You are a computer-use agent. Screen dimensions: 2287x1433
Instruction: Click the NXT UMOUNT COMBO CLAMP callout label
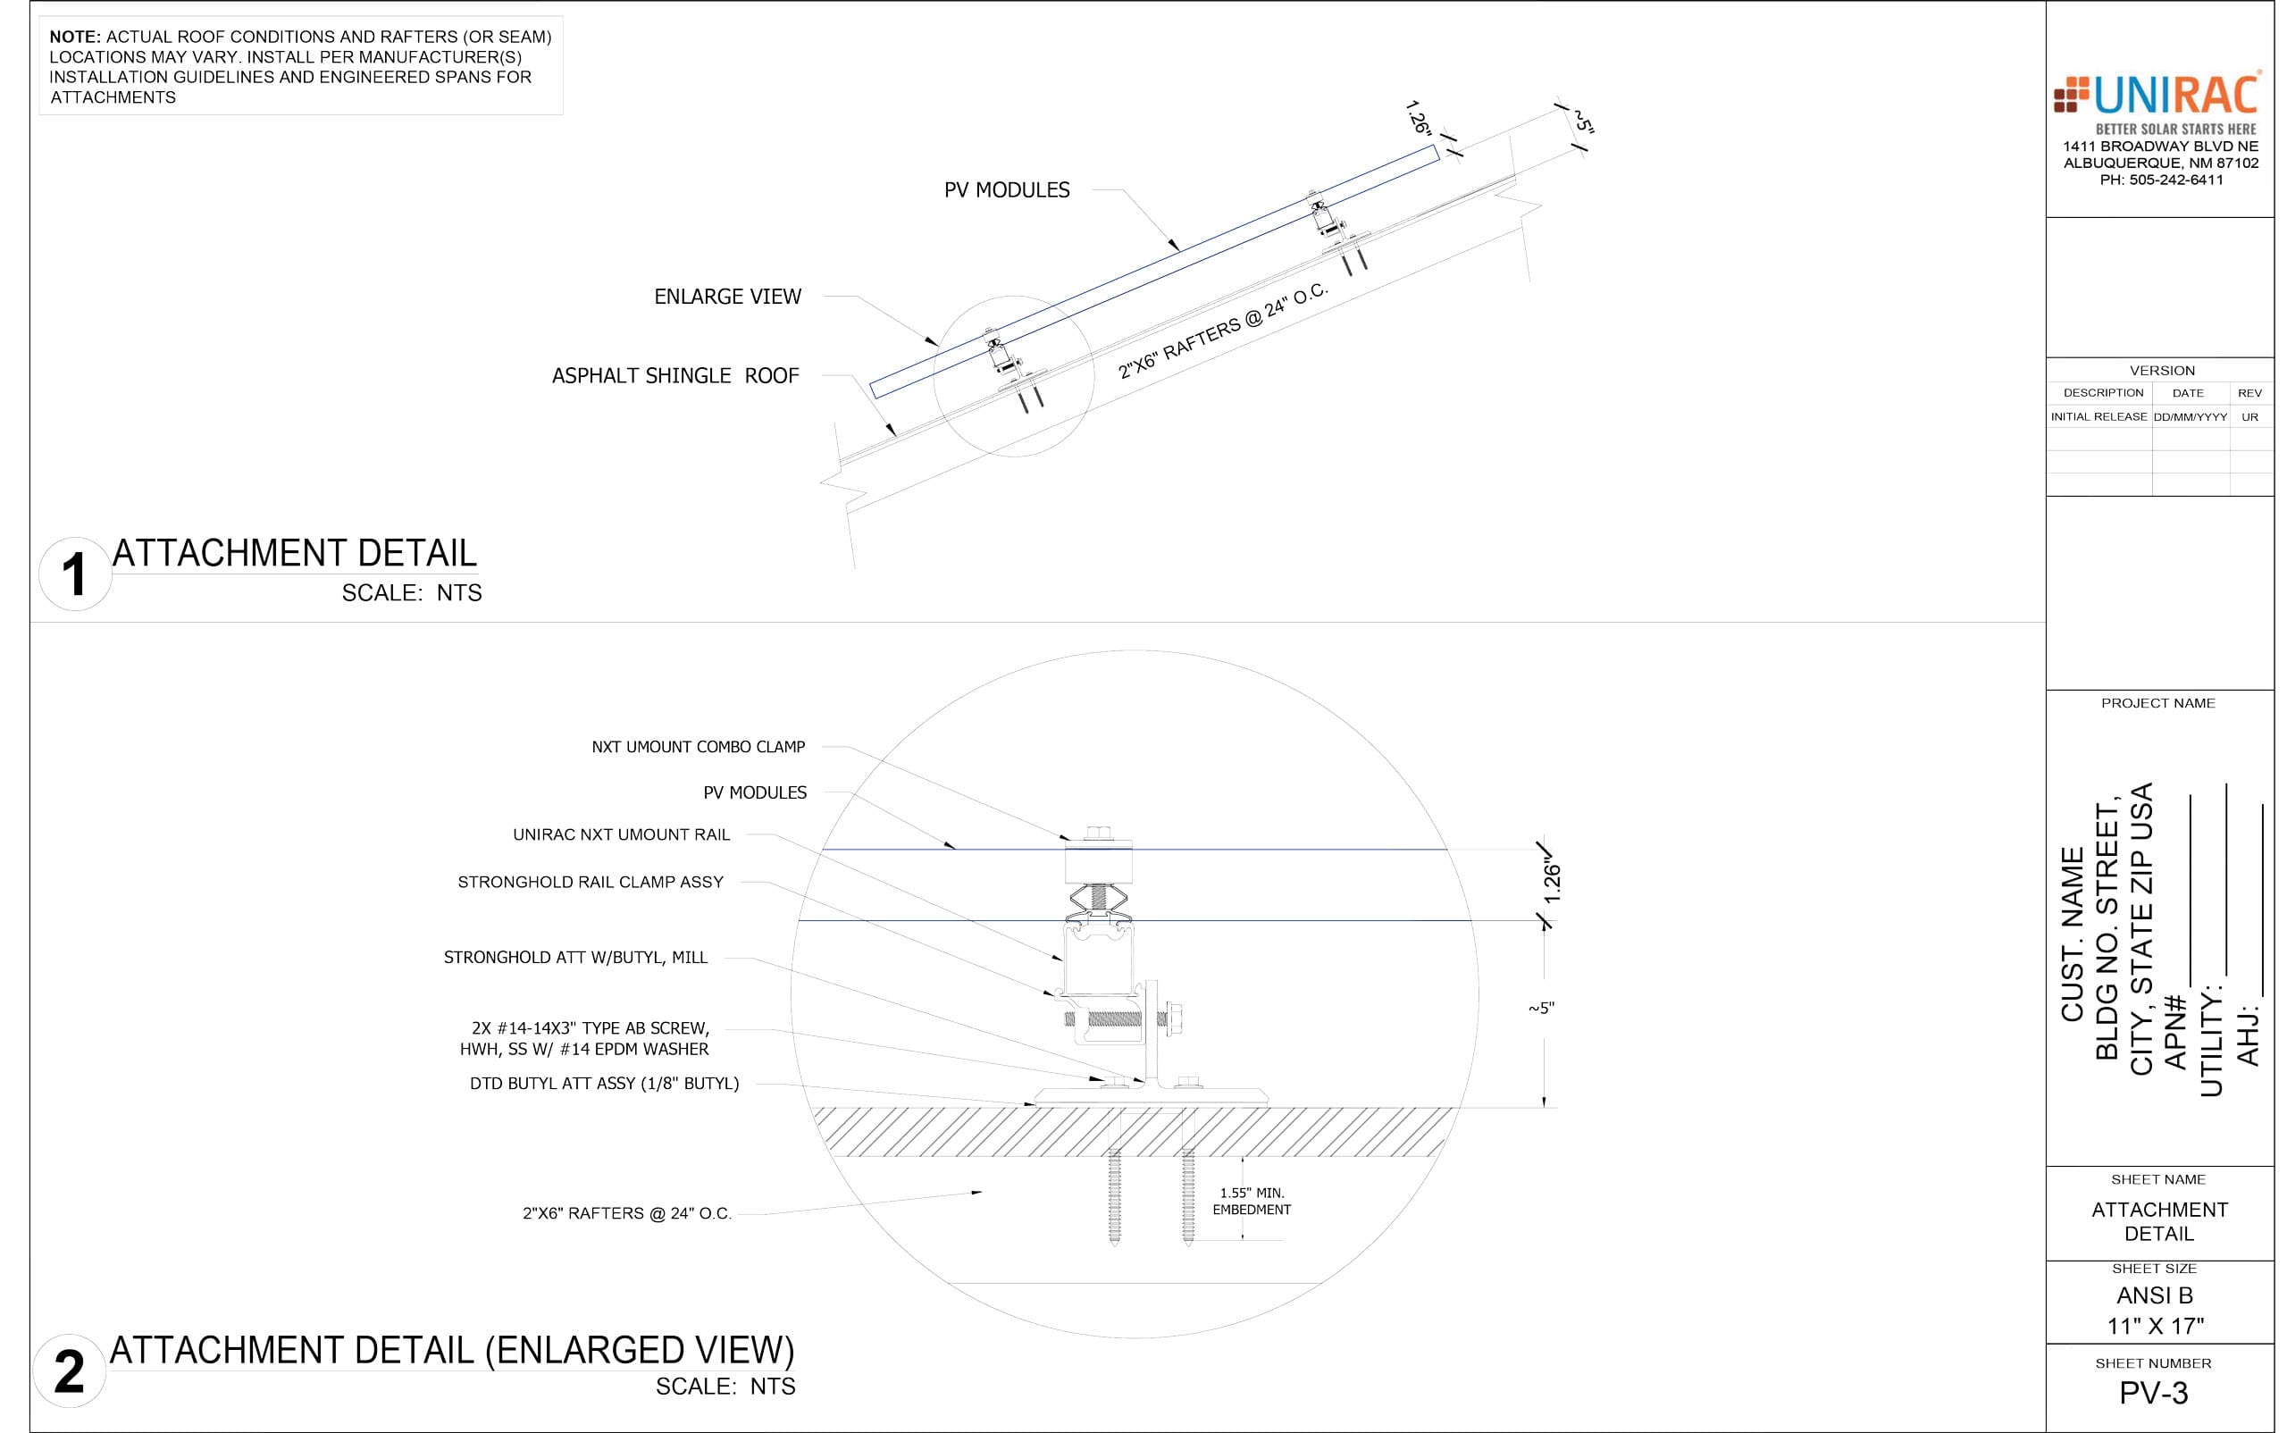tap(699, 747)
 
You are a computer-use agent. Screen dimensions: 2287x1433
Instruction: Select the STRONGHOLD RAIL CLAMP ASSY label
tap(591, 883)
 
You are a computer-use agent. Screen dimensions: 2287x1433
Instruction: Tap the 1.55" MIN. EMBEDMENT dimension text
tap(1252, 1202)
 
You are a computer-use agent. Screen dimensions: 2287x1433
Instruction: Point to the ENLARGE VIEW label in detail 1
tap(728, 297)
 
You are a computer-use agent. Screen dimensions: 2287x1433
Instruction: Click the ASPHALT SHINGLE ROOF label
tap(675, 376)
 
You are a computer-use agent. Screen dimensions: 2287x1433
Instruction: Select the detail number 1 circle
tap(75, 574)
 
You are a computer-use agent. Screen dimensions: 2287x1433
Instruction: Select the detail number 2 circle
tap(69, 1371)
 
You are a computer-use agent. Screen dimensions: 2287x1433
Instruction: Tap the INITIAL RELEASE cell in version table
tap(2099, 417)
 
